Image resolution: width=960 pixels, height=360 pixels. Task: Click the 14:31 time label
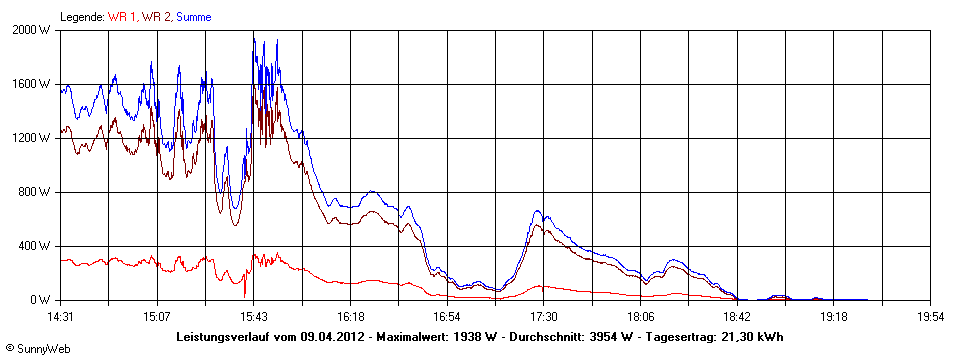point(60,316)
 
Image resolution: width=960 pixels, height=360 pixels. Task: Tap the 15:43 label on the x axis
point(253,316)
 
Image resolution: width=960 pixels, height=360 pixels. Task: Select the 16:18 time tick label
point(350,316)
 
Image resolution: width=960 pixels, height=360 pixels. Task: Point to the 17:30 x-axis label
point(543,316)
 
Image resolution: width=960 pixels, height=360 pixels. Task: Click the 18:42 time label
point(736,316)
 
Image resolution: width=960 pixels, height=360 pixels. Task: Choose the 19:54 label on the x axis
point(930,316)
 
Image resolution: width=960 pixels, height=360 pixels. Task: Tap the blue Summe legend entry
point(193,17)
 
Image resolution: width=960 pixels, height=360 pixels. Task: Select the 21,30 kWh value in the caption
point(751,337)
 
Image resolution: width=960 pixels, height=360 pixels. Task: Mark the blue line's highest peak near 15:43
point(253,36)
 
